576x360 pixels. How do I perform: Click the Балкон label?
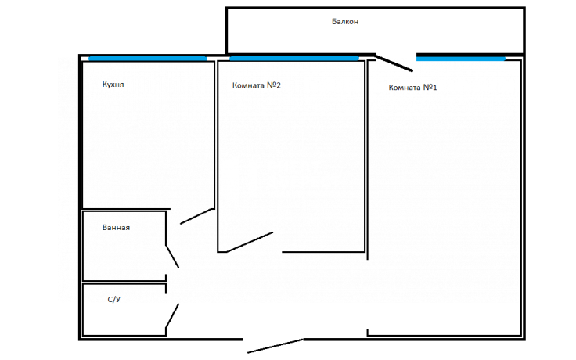pyautogui.click(x=345, y=22)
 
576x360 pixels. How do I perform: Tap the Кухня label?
pyautogui.click(x=113, y=85)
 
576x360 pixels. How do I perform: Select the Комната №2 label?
pyautogui.click(x=257, y=85)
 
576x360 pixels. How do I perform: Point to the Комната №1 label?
pyautogui.click(x=412, y=88)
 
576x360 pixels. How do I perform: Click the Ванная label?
pyautogui.click(x=116, y=228)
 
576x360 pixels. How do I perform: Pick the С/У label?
pyautogui.click(x=114, y=300)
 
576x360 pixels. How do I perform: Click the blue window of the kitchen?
pyautogui.click(x=148, y=59)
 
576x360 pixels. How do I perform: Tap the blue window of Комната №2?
pyautogui.click(x=294, y=59)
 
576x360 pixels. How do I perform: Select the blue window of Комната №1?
pyautogui.click(x=461, y=59)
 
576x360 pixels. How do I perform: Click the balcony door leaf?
pyautogui.click(x=394, y=63)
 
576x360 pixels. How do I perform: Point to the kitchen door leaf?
pyautogui.click(x=196, y=216)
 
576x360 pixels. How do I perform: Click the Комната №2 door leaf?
pyautogui.click(x=250, y=242)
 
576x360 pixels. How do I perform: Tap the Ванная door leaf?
pyautogui.click(x=172, y=257)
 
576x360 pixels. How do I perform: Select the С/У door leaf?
pyautogui.click(x=172, y=315)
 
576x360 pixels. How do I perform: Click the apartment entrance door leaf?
pyautogui.click(x=275, y=346)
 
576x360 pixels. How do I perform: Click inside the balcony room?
pyautogui.click(x=375, y=37)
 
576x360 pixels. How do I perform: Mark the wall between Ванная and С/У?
pyautogui.click(x=124, y=282)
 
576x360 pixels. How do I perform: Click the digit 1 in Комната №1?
pyautogui.click(x=434, y=88)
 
